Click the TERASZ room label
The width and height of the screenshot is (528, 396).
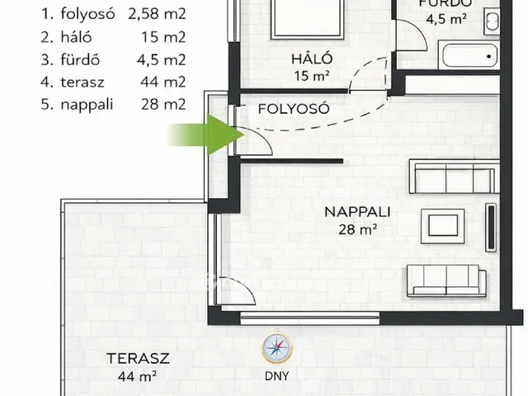tap(138, 359)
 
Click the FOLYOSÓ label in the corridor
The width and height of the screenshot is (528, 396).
tap(294, 109)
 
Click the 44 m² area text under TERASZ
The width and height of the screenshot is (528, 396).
tap(138, 377)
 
